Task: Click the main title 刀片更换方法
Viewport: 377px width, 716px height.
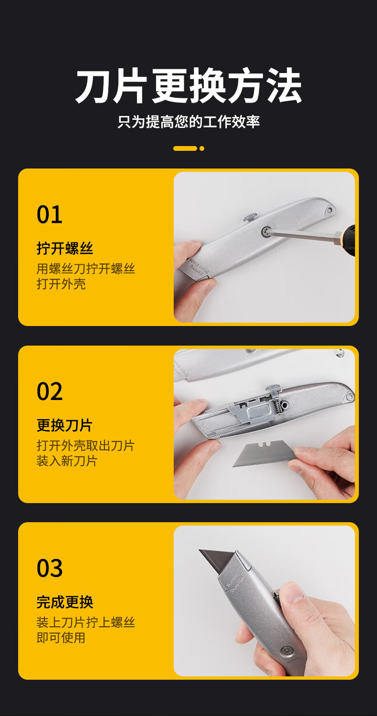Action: (188, 85)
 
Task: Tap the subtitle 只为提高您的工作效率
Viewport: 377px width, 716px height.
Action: (188, 122)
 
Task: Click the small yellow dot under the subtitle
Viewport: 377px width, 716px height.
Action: (201, 148)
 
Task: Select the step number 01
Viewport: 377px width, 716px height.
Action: (50, 214)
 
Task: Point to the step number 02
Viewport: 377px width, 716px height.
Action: (50, 391)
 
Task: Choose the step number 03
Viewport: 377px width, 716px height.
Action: (50, 568)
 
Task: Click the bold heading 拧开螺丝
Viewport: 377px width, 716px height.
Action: (65, 248)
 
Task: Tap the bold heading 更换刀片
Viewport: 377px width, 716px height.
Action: (65, 425)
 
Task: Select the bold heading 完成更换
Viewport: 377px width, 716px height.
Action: (65, 602)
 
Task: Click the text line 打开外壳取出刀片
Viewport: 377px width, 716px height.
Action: (85, 445)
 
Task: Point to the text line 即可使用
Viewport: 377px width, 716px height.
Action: (61, 637)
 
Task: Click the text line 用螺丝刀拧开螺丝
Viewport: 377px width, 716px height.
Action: (85, 268)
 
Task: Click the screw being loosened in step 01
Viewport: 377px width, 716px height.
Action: (266, 231)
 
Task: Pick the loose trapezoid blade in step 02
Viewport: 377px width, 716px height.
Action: (266, 453)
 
